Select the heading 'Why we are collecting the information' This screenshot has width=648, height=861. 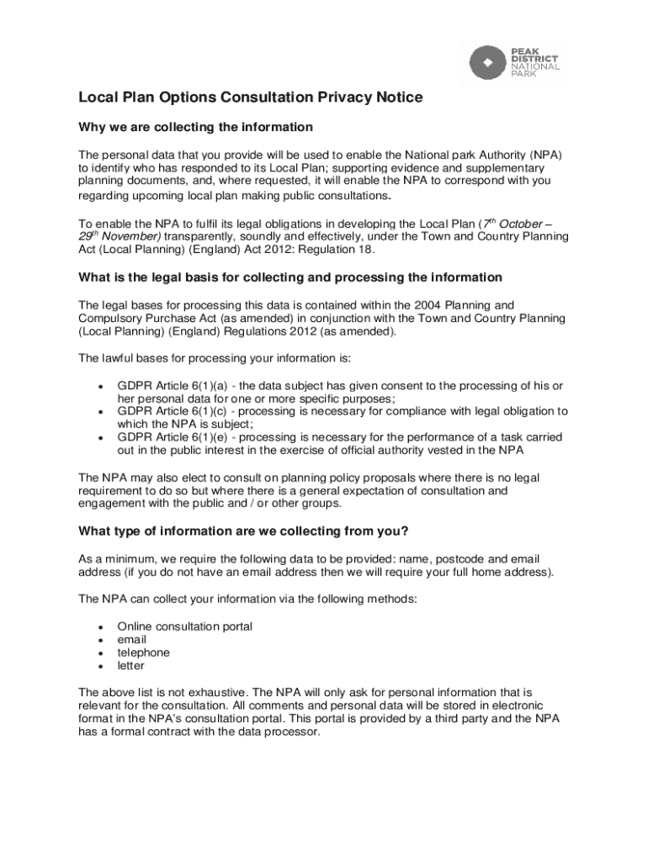(x=195, y=127)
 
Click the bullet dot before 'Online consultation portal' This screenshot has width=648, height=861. (x=101, y=627)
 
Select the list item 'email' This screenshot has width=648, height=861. (x=132, y=640)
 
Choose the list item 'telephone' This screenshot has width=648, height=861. (x=143, y=652)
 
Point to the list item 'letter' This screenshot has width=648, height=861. (x=130, y=666)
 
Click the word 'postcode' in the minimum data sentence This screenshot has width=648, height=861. (x=435, y=559)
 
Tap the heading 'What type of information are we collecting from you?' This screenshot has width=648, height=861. (x=243, y=531)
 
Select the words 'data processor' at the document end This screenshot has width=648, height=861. (x=281, y=732)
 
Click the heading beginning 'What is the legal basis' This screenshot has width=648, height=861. (x=290, y=277)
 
